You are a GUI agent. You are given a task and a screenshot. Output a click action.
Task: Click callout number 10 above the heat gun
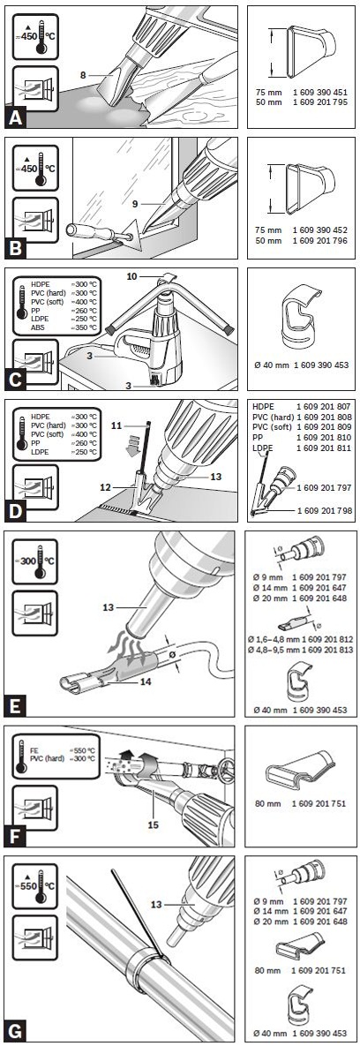click(x=132, y=275)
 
